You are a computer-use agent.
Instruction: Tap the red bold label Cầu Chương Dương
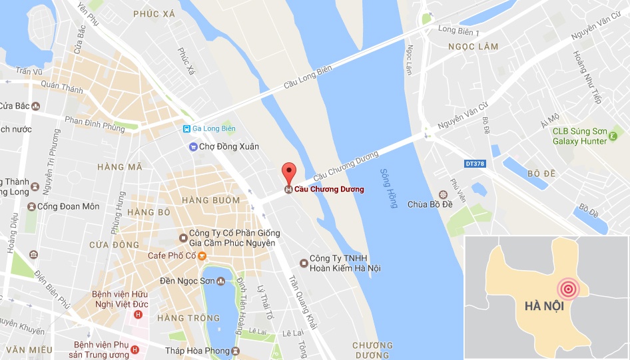(329, 190)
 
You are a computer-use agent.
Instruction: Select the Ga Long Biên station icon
(187, 128)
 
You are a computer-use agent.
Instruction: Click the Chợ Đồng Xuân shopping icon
(193, 146)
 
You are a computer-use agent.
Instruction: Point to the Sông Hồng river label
(388, 189)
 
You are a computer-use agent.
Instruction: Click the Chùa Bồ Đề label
(430, 204)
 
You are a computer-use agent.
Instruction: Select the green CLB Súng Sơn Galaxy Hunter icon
(612, 140)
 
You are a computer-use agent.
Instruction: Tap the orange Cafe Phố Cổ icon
(202, 256)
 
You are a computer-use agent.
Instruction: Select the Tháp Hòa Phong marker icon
(236, 351)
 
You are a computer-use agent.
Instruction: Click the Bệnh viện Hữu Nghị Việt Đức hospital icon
(138, 314)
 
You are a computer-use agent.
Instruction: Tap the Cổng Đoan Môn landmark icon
(31, 206)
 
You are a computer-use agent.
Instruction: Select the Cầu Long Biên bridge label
(308, 76)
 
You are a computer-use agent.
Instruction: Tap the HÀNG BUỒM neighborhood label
(212, 200)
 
